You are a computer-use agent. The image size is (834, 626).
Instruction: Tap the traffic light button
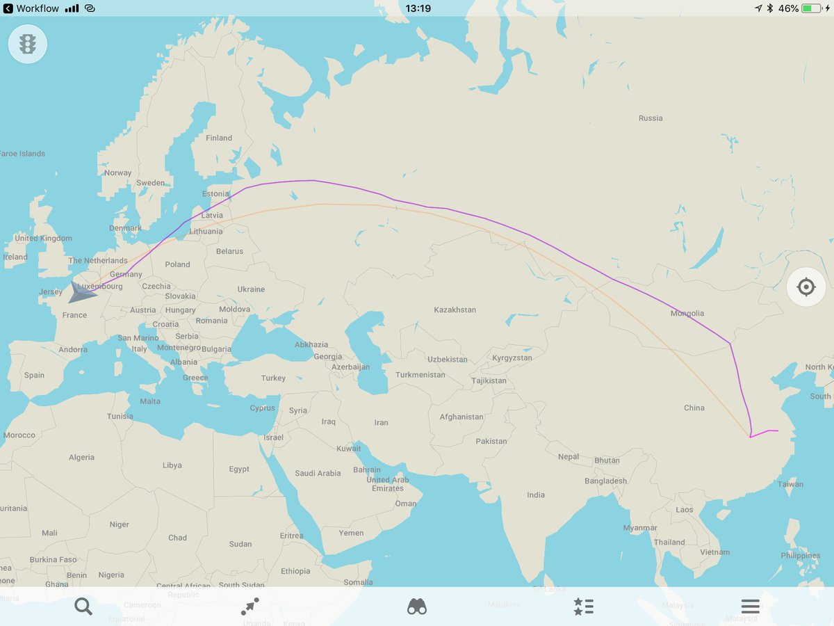point(28,45)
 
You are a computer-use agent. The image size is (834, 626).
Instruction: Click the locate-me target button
point(806,287)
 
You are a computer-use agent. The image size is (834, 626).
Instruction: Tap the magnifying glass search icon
point(83,607)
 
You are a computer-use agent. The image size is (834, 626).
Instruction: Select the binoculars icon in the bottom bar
point(417,607)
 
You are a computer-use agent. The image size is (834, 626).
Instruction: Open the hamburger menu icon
point(751,607)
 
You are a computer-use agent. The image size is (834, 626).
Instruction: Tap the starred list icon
point(584,607)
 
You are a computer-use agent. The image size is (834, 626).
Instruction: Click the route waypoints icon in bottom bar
point(250,607)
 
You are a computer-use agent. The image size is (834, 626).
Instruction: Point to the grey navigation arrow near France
point(81,293)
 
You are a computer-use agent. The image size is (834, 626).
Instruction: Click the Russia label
point(651,118)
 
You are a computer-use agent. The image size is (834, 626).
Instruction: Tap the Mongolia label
point(687,314)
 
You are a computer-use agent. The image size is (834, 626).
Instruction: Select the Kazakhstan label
point(455,310)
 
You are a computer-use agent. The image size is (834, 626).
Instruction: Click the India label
point(536,495)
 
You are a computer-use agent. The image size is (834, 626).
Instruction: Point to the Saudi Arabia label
point(318,473)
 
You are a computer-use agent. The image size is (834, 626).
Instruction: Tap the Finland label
point(219,138)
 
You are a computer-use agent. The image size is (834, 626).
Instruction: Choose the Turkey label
point(273,378)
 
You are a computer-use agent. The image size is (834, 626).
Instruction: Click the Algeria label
point(81,457)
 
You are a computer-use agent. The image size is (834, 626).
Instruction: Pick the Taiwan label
point(790,484)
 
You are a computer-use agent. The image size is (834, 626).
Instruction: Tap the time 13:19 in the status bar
point(418,8)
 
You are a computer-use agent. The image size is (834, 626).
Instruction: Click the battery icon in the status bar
point(810,8)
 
